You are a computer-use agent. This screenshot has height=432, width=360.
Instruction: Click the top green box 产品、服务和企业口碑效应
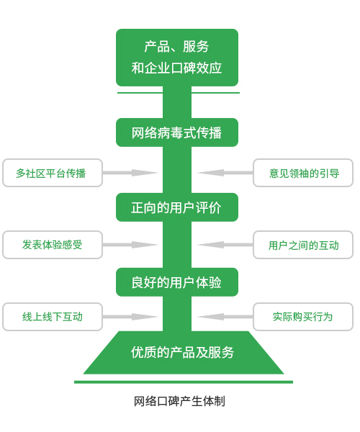coord(177,58)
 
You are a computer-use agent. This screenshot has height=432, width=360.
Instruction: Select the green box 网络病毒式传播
coord(177,132)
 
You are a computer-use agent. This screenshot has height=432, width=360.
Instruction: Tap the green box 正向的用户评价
coord(177,207)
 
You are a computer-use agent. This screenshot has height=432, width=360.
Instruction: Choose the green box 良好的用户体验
coord(177,282)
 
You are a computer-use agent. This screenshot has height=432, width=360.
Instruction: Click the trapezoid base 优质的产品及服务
coord(183,353)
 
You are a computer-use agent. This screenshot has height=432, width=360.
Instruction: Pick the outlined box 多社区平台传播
coord(52,173)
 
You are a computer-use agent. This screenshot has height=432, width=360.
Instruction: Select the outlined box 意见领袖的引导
coord(303,173)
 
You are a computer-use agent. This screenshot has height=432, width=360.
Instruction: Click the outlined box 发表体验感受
coord(52,245)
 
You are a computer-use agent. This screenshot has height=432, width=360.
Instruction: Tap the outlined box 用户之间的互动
coord(303,245)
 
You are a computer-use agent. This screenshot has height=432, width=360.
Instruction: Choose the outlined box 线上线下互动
coord(52,317)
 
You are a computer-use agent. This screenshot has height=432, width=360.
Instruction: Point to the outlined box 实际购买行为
coord(303,317)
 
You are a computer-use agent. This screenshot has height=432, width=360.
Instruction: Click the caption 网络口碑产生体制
coord(179,401)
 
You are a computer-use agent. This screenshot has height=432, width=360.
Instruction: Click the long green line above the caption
coord(183,382)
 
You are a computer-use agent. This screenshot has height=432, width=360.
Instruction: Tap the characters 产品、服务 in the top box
coord(177,47)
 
